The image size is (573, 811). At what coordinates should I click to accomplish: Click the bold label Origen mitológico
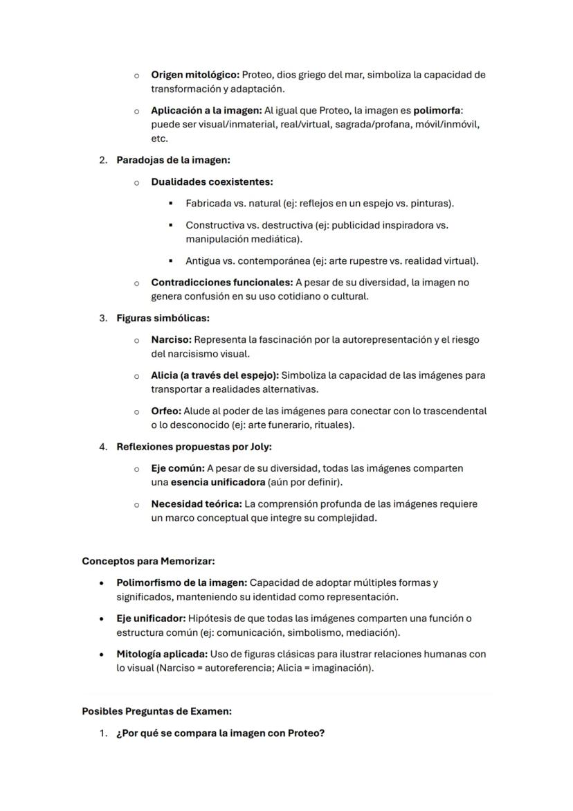pyautogui.click(x=195, y=75)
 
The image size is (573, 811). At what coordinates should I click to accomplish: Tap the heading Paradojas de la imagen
pyautogui.click(x=173, y=160)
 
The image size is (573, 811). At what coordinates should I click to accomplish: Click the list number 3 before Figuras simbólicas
pyautogui.click(x=102, y=319)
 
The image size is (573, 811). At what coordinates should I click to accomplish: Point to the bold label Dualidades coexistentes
pyautogui.click(x=212, y=182)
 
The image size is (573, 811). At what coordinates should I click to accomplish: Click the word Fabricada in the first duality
pyautogui.click(x=208, y=204)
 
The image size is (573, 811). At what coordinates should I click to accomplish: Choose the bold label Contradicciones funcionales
pyautogui.click(x=221, y=283)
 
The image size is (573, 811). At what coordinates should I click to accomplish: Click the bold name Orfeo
pyautogui.click(x=166, y=411)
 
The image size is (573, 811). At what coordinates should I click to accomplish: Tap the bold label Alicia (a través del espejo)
pyautogui.click(x=215, y=375)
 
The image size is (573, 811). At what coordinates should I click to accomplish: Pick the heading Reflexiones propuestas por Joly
pyautogui.click(x=194, y=447)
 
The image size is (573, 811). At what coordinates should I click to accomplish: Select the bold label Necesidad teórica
pyautogui.click(x=196, y=504)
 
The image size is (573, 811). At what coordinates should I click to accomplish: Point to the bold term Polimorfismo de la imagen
pyautogui.click(x=181, y=583)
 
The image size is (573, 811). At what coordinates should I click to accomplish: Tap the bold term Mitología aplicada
pyautogui.click(x=161, y=654)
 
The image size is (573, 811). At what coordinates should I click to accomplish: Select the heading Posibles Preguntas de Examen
pyautogui.click(x=156, y=711)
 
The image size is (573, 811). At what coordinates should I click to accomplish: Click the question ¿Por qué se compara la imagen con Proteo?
pyautogui.click(x=220, y=733)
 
